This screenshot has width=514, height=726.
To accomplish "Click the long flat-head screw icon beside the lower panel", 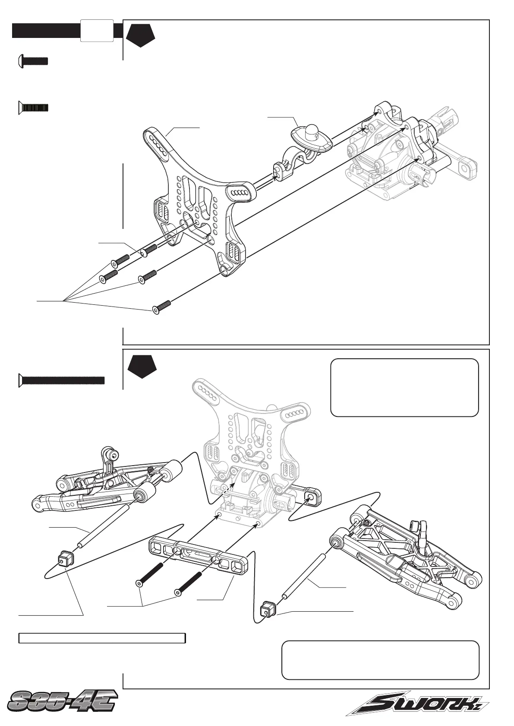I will pyautogui.click(x=62, y=380).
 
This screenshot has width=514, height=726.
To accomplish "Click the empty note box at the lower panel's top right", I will pyautogui.click(x=404, y=387).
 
